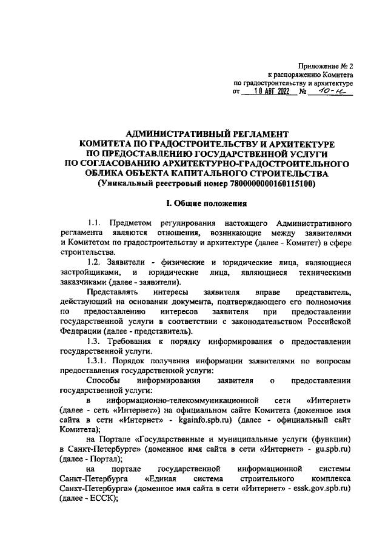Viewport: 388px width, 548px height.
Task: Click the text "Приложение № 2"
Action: [326, 65]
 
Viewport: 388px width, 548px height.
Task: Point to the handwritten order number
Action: [332, 91]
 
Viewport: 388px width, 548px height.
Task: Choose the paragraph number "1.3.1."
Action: [101, 360]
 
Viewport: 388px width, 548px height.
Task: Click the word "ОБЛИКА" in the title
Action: [105, 173]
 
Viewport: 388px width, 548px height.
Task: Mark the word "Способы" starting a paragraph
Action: [104, 380]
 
